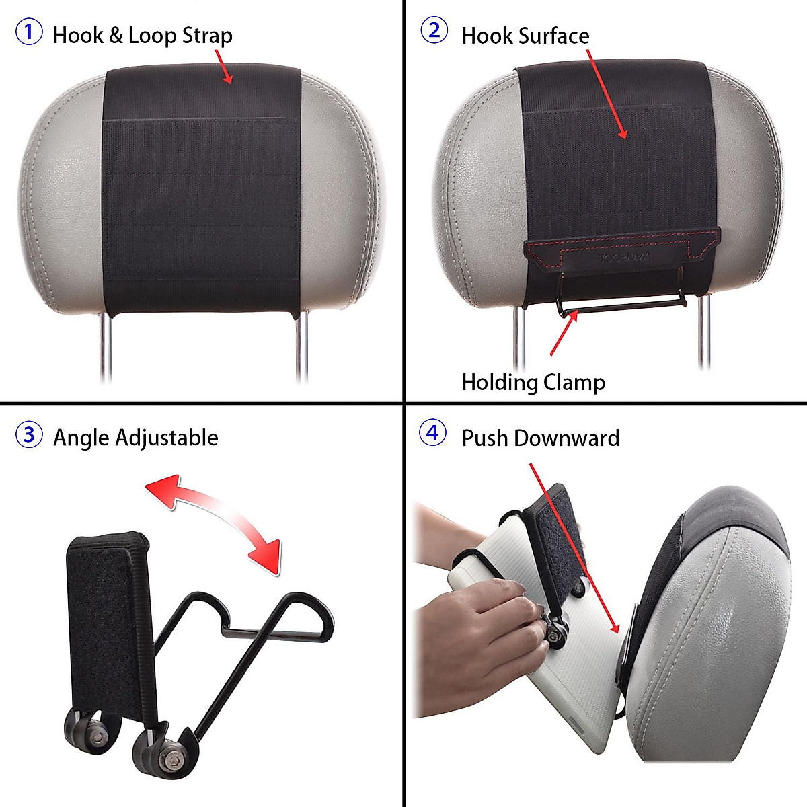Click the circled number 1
(29, 32)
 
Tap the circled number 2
(434, 30)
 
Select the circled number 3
(29, 434)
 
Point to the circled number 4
(432, 432)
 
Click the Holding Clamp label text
(533, 383)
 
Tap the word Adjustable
(167, 438)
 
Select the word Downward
(566, 438)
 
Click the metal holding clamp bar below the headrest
(621, 305)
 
